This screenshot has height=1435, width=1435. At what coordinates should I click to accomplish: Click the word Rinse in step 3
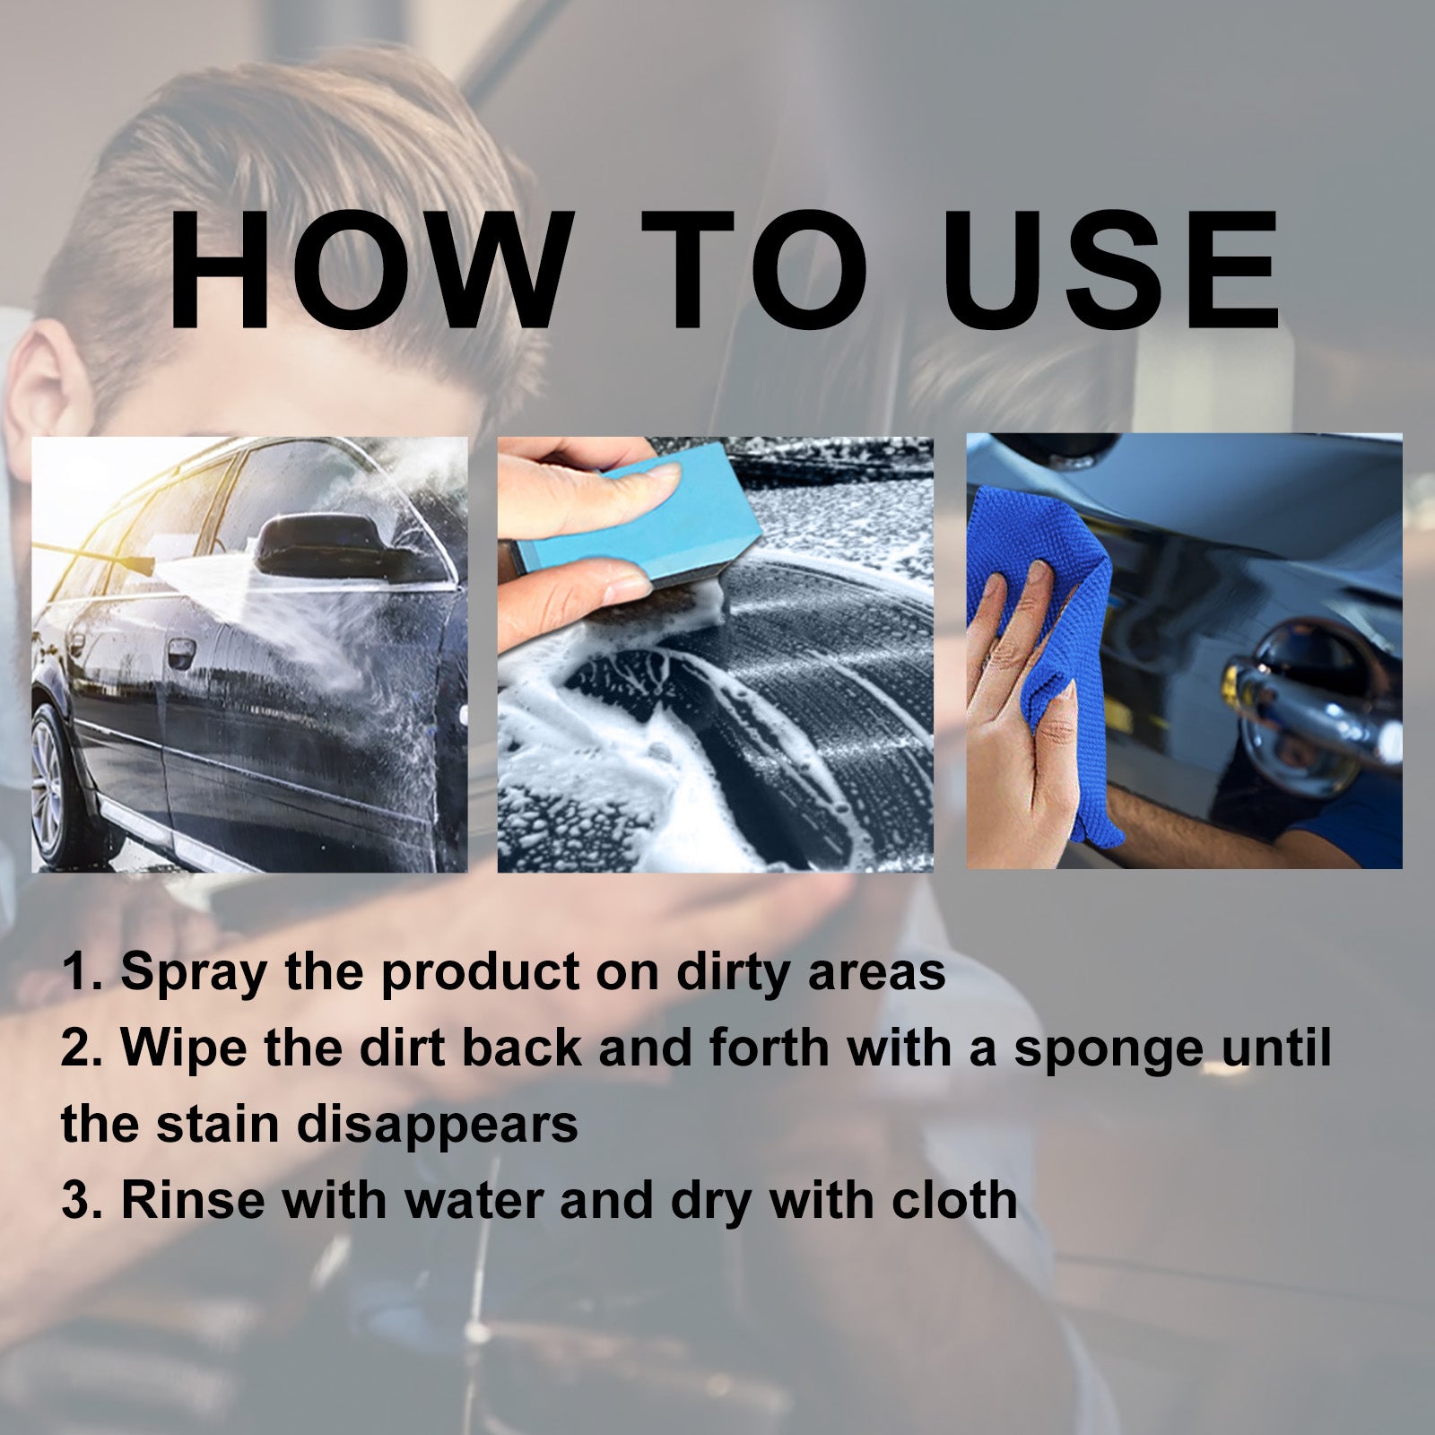coord(193,1200)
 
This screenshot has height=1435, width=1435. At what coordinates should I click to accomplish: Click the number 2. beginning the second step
coord(82,1049)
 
